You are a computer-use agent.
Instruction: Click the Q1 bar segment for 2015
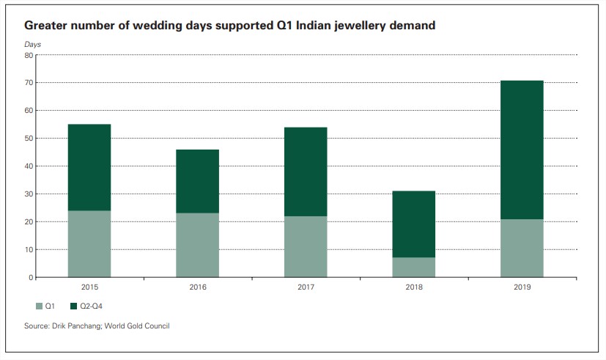pyautogui.click(x=89, y=244)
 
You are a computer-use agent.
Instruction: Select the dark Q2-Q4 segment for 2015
pyautogui.click(x=89, y=167)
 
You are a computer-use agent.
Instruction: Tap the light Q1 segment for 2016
pyautogui.click(x=197, y=246)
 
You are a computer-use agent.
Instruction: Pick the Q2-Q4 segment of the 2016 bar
pyautogui.click(x=197, y=181)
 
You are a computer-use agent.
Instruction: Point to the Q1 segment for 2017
pyautogui.click(x=306, y=247)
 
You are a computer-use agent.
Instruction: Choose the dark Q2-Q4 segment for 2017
pyautogui.click(x=306, y=172)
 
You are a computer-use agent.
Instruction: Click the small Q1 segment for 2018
pyautogui.click(x=413, y=268)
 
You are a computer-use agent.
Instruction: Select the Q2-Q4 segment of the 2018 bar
pyautogui.click(x=413, y=224)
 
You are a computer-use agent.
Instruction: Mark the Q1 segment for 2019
pyautogui.click(x=522, y=249)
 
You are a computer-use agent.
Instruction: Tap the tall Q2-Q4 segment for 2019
pyautogui.click(x=522, y=150)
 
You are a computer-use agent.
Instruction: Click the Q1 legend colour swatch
pyautogui.click(x=39, y=304)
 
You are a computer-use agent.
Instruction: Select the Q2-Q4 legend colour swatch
pyautogui.click(x=73, y=304)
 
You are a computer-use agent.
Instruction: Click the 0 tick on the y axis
pyautogui.click(x=32, y=278)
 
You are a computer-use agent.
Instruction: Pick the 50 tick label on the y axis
pyautogui.click(x=29, y=139)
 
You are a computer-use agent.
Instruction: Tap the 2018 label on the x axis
pyautogui.click(x=413, y=287)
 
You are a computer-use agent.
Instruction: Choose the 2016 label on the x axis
pyautogui.click(x=197, y=287)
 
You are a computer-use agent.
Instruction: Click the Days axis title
pyautogui.click(x=33, y=45)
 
